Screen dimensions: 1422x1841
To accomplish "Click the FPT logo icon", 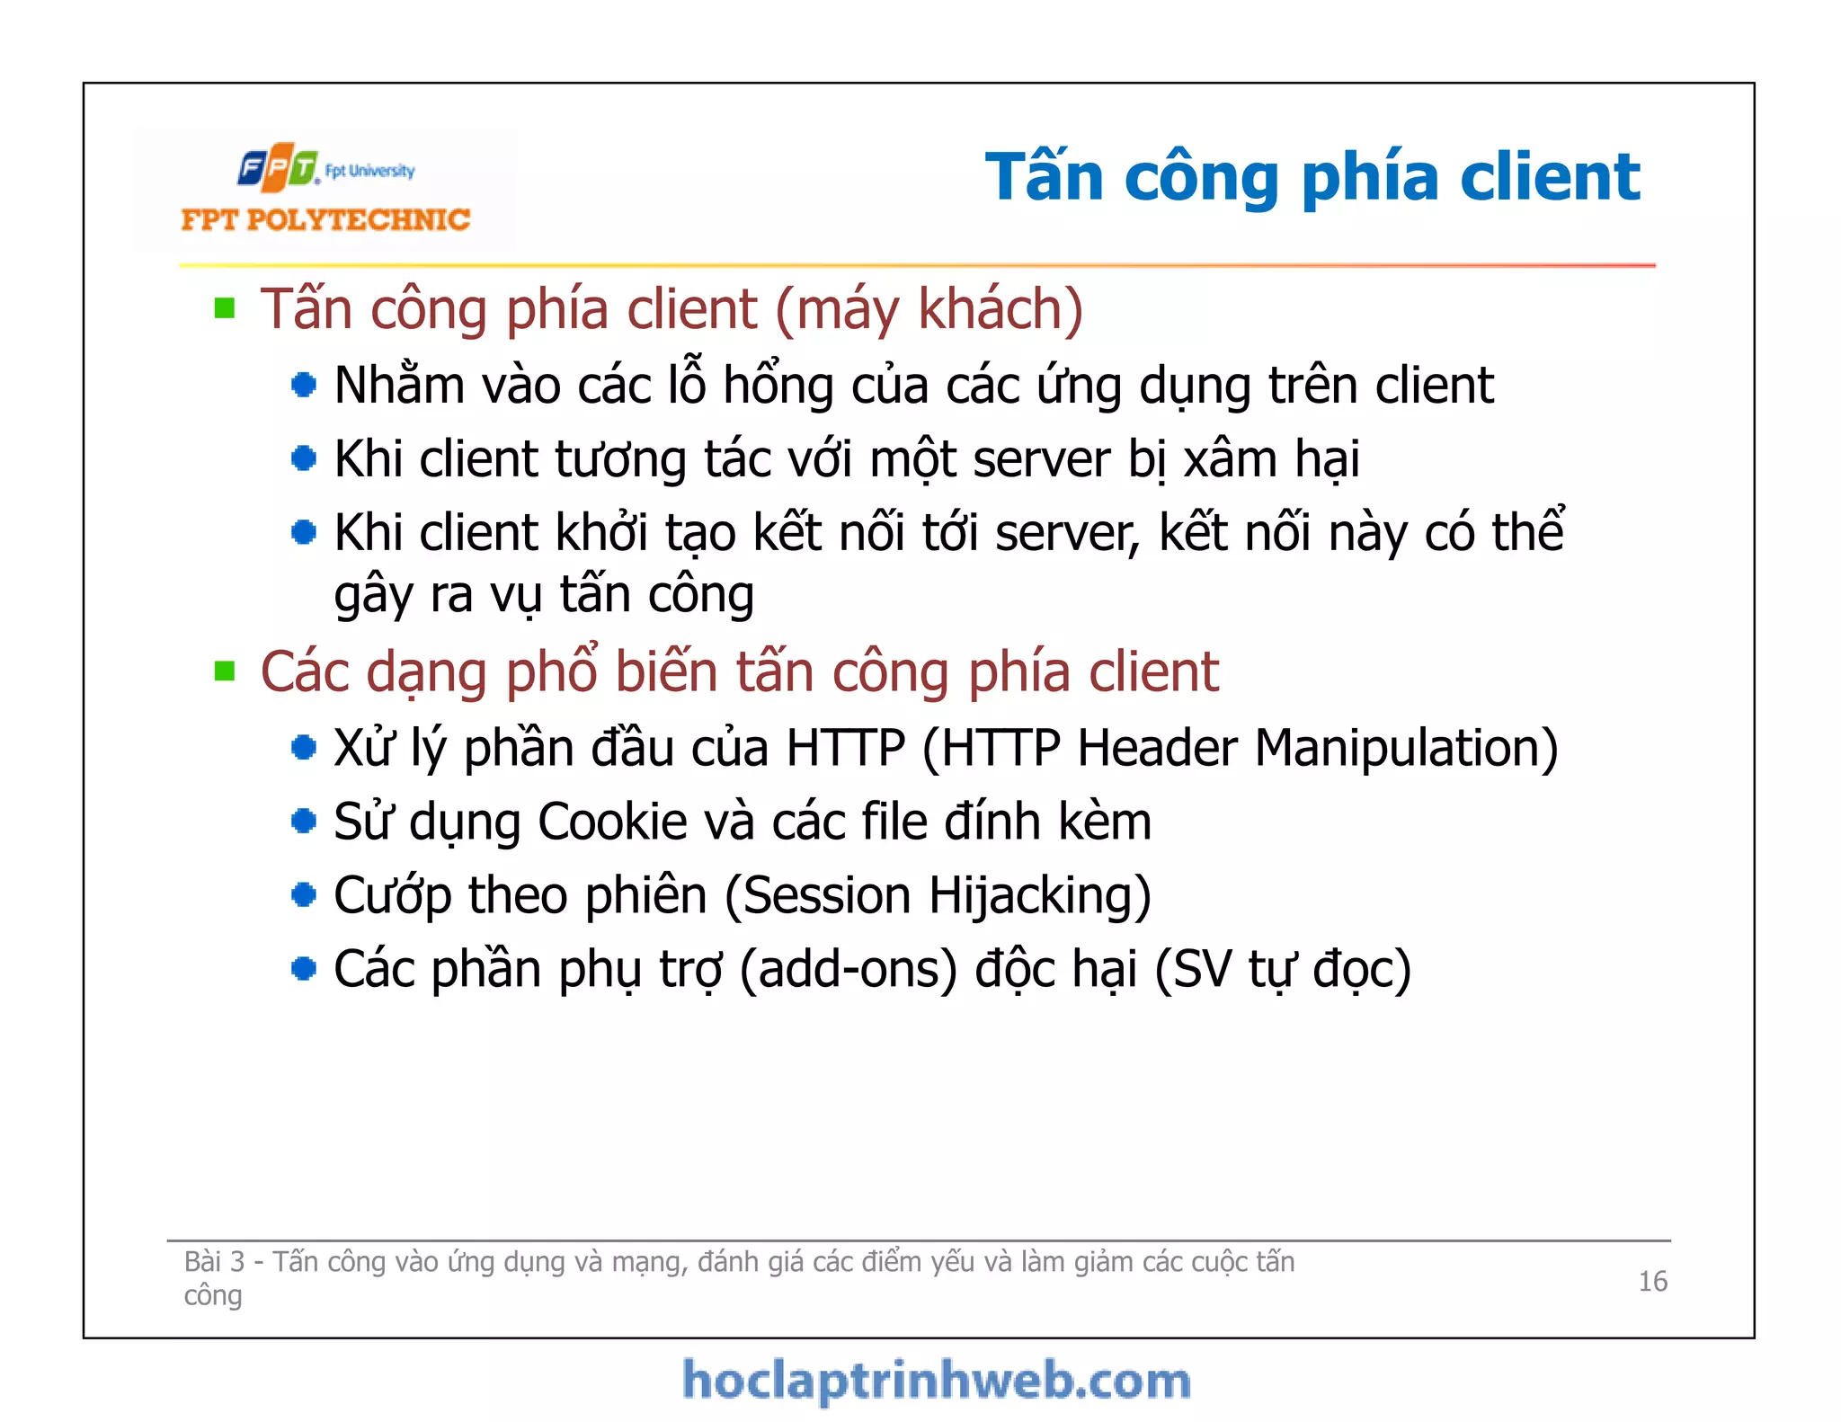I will tap(278, 167).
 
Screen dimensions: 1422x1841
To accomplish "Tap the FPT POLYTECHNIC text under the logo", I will tap(325, 220).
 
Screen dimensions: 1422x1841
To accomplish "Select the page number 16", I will tap(1652, 1281).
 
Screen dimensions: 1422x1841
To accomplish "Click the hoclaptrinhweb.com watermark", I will tap(937, 1381).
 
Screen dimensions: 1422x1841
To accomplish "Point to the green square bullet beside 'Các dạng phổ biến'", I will tap(225, 671).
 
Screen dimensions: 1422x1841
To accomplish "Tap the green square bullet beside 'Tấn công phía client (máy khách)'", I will tap(225, 309).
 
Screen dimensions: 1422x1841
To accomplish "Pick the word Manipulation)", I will tap(1406, 748).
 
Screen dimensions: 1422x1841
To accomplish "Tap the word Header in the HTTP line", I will tap(1157, 748).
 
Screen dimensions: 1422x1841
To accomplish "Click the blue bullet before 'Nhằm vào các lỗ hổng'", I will tap(304, 386).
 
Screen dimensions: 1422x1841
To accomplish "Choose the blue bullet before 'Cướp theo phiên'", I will tap(304, 895).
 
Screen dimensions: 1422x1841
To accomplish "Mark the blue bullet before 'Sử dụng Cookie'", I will tap(304, 822).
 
